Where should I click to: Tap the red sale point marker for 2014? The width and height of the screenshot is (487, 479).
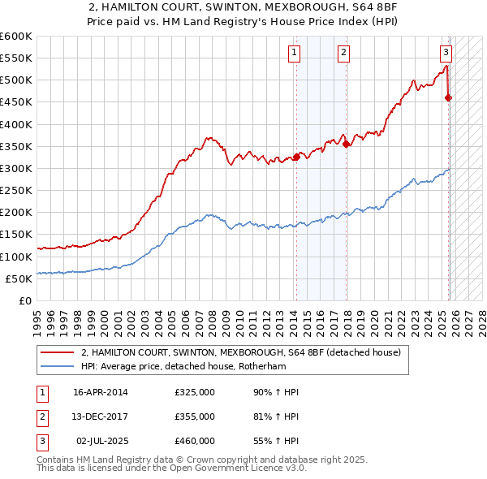[296, 158]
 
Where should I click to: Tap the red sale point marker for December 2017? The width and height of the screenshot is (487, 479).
[347, 145]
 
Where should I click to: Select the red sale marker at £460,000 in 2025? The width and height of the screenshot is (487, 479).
[449, 98]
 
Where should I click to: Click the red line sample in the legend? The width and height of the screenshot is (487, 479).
[58, 353]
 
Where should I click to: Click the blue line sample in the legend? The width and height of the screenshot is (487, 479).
[58, 366]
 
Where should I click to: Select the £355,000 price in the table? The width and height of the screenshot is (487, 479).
[195, 416]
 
